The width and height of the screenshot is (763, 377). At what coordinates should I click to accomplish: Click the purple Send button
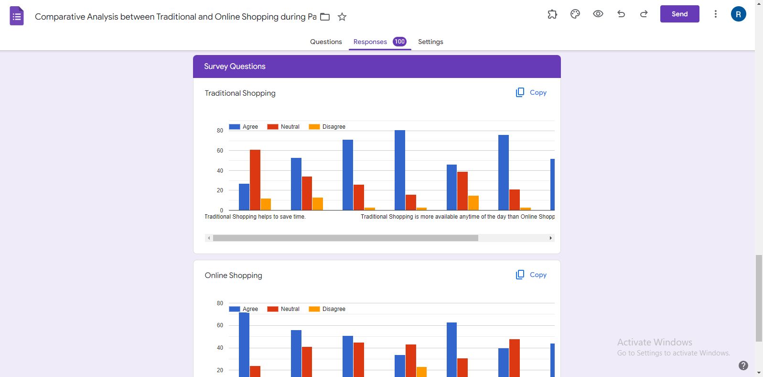coord(679,14)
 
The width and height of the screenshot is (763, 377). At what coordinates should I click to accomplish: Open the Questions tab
coord(326,42)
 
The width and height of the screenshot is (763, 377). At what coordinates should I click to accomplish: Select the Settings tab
coord(430,42)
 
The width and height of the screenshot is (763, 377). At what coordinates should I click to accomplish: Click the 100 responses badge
coord(399,42)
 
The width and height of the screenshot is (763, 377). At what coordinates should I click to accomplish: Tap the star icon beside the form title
coord(342,17)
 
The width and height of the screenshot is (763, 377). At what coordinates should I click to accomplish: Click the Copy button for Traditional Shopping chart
coord(531,92)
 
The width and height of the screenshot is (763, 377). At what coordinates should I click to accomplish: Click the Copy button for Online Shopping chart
coord(531,275)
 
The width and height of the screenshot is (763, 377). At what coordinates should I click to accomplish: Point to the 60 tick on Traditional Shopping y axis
coord(220,151)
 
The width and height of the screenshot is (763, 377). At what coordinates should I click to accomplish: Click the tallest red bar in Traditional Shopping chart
coord(255,179)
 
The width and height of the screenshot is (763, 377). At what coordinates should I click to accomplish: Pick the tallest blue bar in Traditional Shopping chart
coord(400,170)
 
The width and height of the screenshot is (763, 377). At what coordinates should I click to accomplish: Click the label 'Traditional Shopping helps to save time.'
coord(255,217)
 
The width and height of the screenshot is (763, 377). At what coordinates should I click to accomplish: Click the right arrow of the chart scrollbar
coord(550,238)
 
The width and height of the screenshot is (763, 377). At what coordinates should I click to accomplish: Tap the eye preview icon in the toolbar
coord(598,14)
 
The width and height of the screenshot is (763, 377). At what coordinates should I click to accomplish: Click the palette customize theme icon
coord(575,14)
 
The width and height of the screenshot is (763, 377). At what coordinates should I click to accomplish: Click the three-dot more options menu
coord(715,14)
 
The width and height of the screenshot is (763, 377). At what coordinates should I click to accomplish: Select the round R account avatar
coord(738,14)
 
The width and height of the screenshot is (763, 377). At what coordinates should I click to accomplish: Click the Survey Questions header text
coord(235,67)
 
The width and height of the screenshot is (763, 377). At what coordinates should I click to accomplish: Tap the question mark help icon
coord(743,366)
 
